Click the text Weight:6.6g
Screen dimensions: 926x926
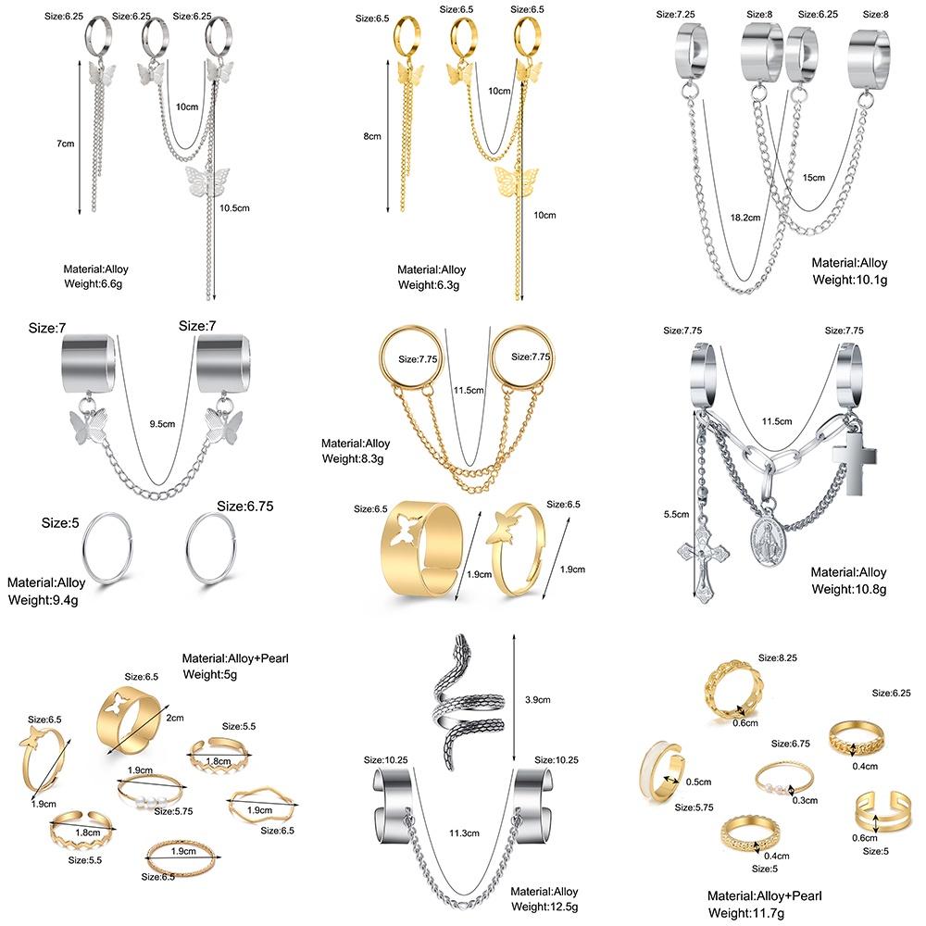tap(93, 283)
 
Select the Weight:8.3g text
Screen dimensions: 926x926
tap(356, 457)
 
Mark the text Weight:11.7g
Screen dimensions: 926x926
tap(753, 912)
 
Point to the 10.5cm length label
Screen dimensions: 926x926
tap(235, 209)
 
